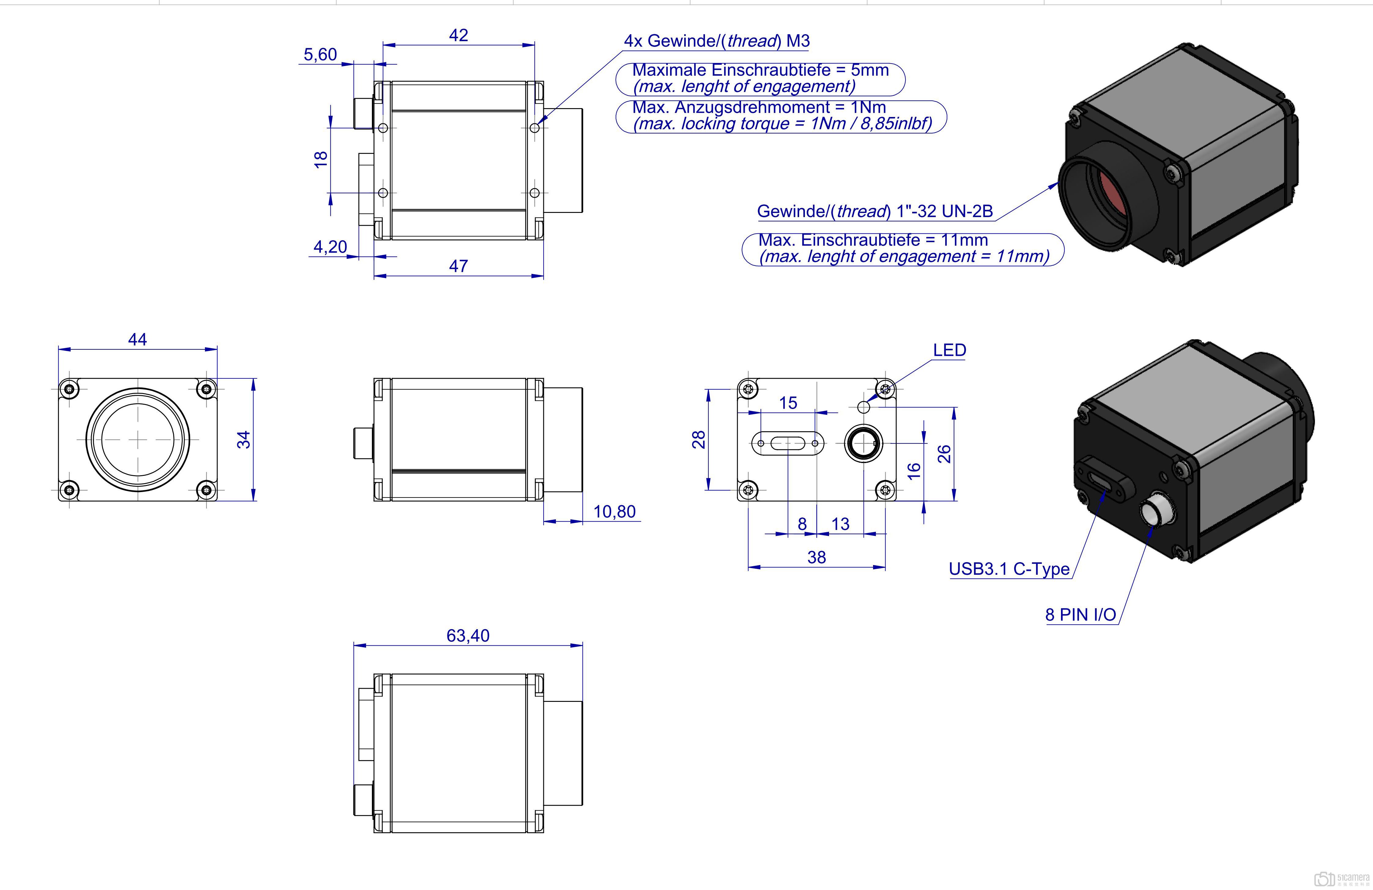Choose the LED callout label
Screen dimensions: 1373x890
click(x=949, y=350)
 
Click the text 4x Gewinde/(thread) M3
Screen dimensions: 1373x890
click(x=717, y=41)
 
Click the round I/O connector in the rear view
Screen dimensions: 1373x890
click(x=863, y=443)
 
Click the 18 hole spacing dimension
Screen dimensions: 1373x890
click(x=321, y=160)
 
